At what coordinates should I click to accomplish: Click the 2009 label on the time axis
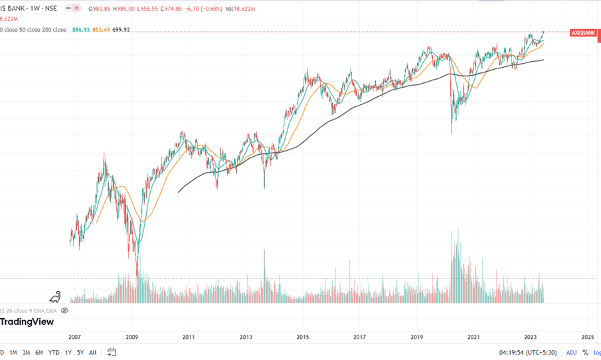point(131,337)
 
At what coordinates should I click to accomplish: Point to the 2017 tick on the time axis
point(359,337)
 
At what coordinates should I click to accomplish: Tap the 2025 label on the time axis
point(587,337)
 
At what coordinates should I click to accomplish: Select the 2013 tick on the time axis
point(246,337)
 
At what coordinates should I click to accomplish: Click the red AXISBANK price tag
point(583,33)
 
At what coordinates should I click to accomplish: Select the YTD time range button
point(54,353)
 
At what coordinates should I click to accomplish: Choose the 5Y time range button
point(80,353)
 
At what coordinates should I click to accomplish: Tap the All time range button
point(92,353)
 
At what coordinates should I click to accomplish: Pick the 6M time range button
point(39,353)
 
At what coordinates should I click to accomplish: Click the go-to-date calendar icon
point(112,353)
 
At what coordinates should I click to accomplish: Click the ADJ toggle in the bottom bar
point(571,353)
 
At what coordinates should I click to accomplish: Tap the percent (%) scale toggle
point(585,353)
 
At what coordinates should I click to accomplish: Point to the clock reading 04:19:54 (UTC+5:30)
point(528,353)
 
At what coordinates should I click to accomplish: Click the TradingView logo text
point(27,321)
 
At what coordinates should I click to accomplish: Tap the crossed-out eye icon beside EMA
point(64,310)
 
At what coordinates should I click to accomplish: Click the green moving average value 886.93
point(81,30)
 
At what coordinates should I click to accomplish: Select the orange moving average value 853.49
point(101,30)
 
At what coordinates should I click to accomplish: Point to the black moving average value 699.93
point(121,30)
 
